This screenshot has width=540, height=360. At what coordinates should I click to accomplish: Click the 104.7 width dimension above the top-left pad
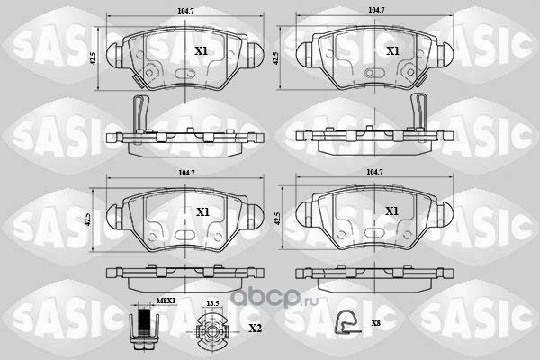pos(185,11)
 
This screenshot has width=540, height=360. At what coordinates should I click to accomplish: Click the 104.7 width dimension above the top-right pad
pos(376,10)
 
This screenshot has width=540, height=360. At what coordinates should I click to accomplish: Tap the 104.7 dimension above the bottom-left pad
pos(186,174)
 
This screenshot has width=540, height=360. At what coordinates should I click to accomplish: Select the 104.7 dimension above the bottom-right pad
pos(374,172)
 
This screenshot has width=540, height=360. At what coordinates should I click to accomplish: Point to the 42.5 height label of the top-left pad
pos(92,58)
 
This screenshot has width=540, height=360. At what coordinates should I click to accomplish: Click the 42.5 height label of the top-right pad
pos(275,58)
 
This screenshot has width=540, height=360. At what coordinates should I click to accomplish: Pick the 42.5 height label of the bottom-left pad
pos(88,220)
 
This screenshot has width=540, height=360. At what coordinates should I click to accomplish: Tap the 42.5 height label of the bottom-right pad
pos(278,219)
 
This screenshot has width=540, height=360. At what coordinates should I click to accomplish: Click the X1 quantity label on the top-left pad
pos(201,51)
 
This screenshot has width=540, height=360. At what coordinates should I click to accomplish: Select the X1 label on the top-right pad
pos(392,51)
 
